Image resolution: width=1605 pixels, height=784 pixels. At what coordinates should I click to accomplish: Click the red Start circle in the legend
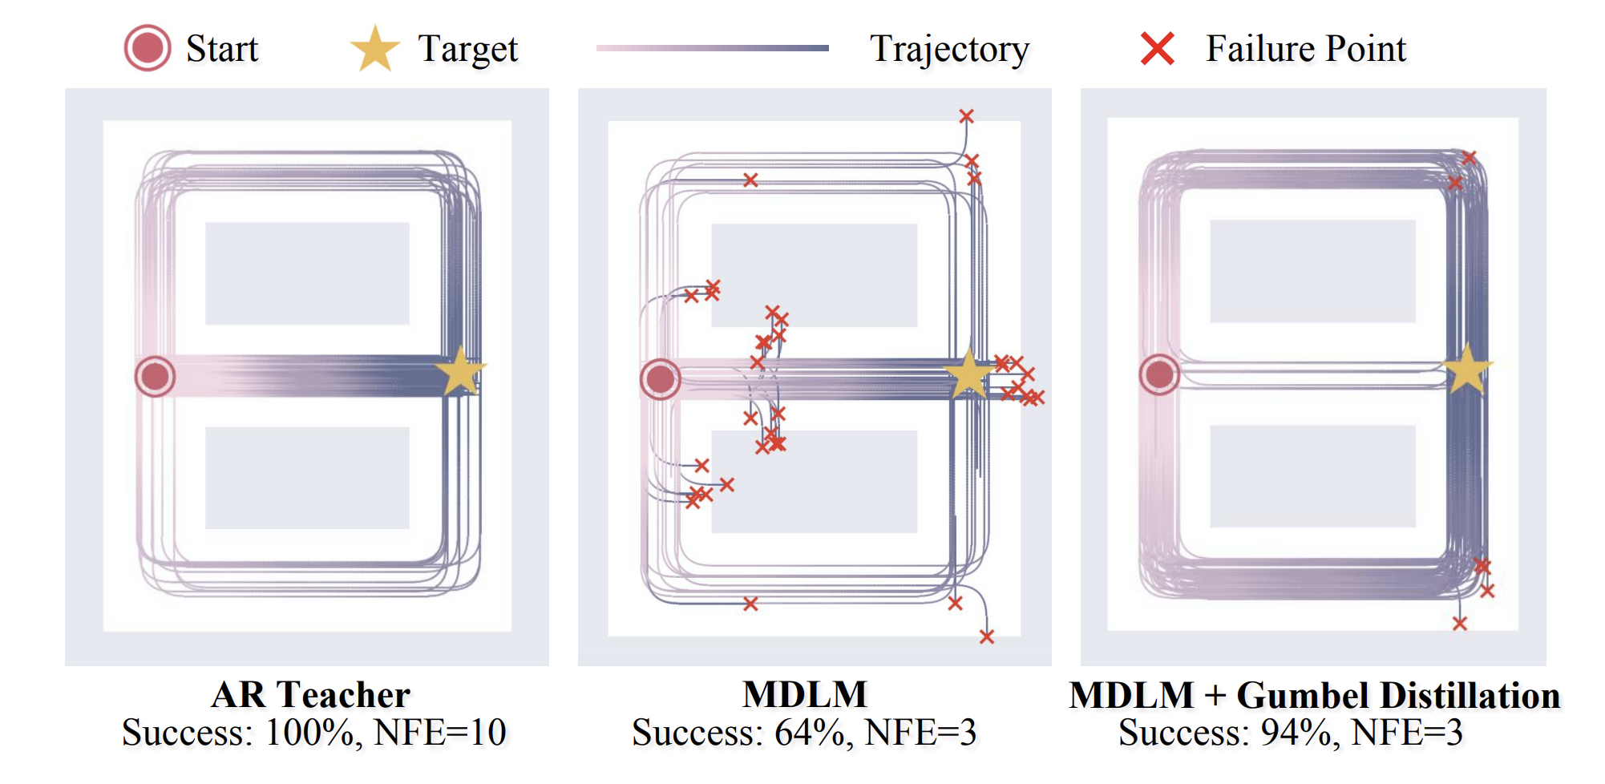click(x=148, y=48)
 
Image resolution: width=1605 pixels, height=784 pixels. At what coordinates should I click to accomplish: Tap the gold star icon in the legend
click(x=374, y=49)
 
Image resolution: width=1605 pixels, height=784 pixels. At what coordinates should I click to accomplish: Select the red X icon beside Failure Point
click(x=1158, y=49)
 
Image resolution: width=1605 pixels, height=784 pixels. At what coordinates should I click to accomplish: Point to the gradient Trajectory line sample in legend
click(x=712, y=48)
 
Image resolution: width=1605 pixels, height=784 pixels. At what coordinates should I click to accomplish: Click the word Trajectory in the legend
click(x=949, y=50)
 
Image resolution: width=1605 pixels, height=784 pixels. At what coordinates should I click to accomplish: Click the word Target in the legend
click(x=468, y=50)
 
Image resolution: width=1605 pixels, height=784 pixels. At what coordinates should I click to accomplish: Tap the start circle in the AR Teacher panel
click(x=155, y=376)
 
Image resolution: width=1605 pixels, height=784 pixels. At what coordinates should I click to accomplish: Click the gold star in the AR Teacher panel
click(x=460, y=370)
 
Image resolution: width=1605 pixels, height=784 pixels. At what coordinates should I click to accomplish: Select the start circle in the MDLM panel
click(x=661, y=379)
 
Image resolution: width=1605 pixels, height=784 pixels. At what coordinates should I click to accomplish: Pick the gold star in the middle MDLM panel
click(x=968, y=374)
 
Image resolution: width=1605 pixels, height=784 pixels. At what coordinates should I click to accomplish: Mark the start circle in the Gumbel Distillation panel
click(x=1159, y=374)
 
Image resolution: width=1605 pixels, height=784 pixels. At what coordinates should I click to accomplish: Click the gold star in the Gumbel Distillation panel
click(x=1467, y=370)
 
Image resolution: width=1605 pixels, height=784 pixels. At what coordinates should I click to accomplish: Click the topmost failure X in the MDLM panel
click(x=967, y=116)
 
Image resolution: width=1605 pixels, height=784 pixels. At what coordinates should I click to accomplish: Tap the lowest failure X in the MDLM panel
click(x=987, y=636)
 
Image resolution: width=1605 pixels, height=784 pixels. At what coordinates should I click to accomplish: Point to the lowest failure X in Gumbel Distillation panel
click(x=1460, y=624)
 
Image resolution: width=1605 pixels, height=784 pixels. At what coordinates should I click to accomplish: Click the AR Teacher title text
click(x=310, y=695)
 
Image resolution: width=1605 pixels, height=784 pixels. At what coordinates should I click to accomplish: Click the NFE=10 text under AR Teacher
click(x=440, y=733)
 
